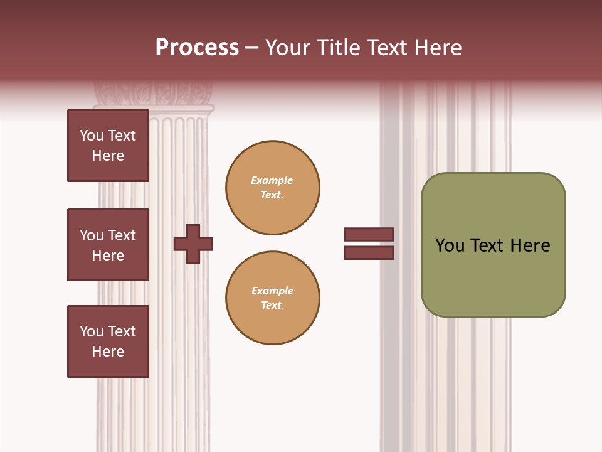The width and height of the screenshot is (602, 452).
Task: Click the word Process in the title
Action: tap(197, 48)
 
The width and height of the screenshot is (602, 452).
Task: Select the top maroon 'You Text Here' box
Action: tap(108, 146)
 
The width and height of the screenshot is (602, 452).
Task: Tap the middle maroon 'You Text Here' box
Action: tap(108, 245)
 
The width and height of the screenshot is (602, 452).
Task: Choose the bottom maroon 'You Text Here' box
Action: tap(108, 342)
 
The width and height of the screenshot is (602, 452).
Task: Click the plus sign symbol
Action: tap(193, 244)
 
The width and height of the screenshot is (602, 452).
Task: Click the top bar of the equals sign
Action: tap(369, 234)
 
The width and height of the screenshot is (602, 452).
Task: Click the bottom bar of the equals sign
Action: tap(369, 253)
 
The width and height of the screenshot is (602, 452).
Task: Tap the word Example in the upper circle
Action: tap(272, 180)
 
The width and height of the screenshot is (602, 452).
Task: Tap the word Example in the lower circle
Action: tap(272, 291)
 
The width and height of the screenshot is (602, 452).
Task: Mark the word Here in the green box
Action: tap(530, 245)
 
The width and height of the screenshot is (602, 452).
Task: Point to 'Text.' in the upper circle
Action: tap(272, 195)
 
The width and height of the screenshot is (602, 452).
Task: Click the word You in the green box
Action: tap(450, 245)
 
